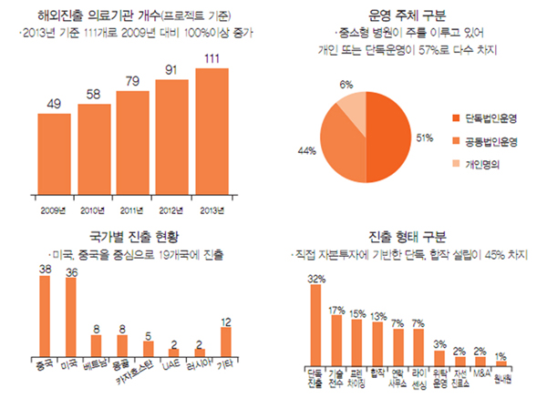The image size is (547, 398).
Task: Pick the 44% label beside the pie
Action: coord(306,150)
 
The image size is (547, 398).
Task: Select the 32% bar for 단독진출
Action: coord(315,323)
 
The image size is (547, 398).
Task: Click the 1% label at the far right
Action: coord(501,354)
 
